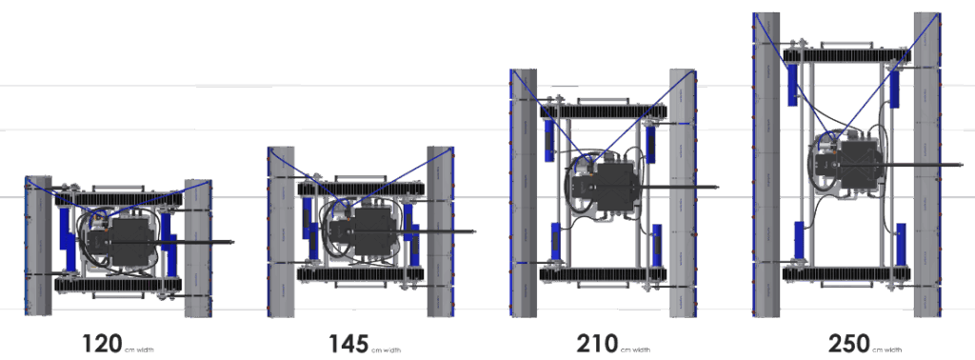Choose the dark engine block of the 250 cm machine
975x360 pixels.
(x=852, y=164)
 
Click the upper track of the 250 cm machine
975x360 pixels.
(x=846, y=55)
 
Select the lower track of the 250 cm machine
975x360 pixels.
(x=846, y=273)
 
